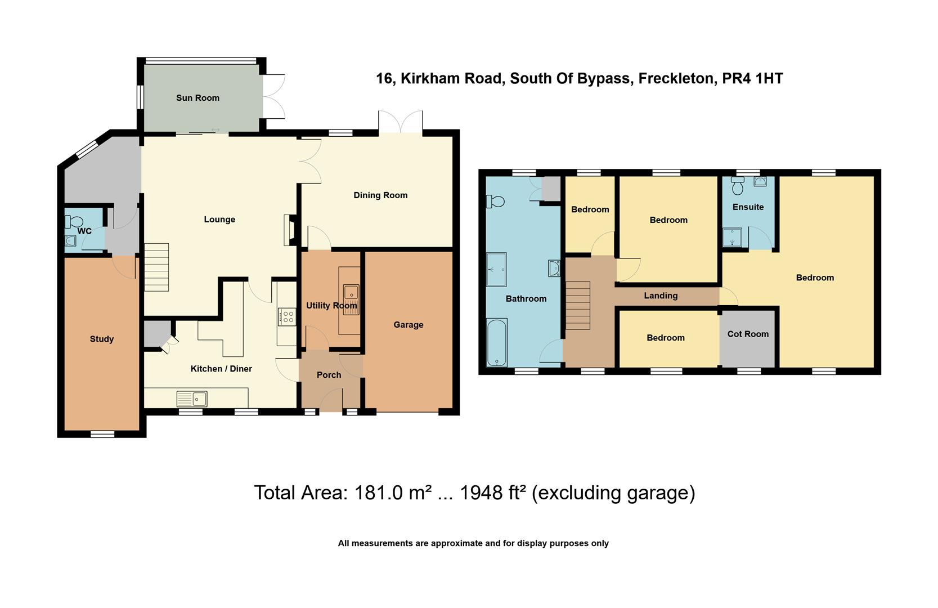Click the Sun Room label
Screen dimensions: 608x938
tap(198, 98)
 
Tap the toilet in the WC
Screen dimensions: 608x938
tap(75, 222)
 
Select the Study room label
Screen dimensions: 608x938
tap(102, 339)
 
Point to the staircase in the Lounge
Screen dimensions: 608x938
tap(156, 267)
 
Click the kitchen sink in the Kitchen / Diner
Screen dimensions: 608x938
tap(192, 399)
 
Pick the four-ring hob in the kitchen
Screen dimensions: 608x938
tap(286, 316)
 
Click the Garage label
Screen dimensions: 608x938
tap(409, 325)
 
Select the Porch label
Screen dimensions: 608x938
tap(329, 375)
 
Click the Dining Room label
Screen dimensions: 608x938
tap(380, 195)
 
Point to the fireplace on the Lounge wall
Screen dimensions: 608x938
tap(290, 230)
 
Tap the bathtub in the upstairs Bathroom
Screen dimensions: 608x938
tap(497, 342)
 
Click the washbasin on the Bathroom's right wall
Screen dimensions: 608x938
tap(554, 269)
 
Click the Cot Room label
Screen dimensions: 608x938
tap(748, 334)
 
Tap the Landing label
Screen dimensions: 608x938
tap(661, 296)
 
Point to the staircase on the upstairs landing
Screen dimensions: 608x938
tap(577, 305)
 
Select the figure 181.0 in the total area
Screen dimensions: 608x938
tap(379, 493)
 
